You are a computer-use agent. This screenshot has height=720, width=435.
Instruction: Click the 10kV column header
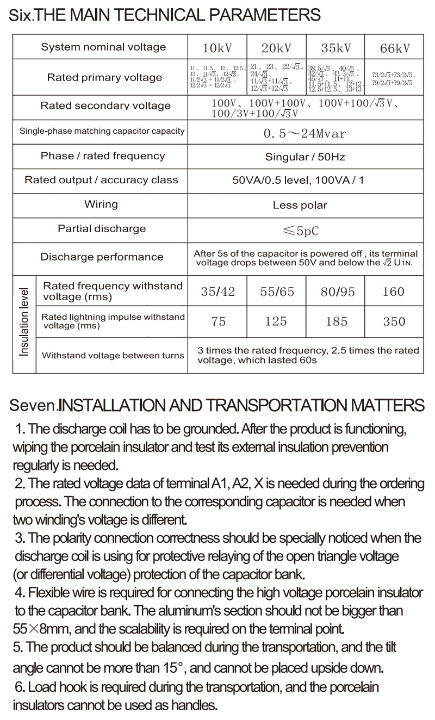point(217,48)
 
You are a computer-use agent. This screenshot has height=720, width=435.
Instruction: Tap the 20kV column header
point(276,48)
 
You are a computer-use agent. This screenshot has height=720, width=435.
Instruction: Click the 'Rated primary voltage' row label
point(104,78)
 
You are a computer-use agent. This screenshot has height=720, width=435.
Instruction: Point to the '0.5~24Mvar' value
point(304,133)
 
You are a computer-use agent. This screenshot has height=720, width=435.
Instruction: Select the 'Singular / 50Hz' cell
point(305,157)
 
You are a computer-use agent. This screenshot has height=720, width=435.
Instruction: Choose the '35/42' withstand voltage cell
point(217,291)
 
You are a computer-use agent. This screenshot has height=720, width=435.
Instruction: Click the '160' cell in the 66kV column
point(394,291)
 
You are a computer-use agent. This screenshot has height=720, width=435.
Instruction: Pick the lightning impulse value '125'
point(276,321)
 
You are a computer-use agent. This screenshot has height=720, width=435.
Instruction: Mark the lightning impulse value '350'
point(394,321)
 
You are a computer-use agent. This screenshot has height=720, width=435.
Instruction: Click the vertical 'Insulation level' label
point(24,324)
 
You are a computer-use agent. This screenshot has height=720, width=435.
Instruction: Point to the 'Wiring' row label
point(101,204)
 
